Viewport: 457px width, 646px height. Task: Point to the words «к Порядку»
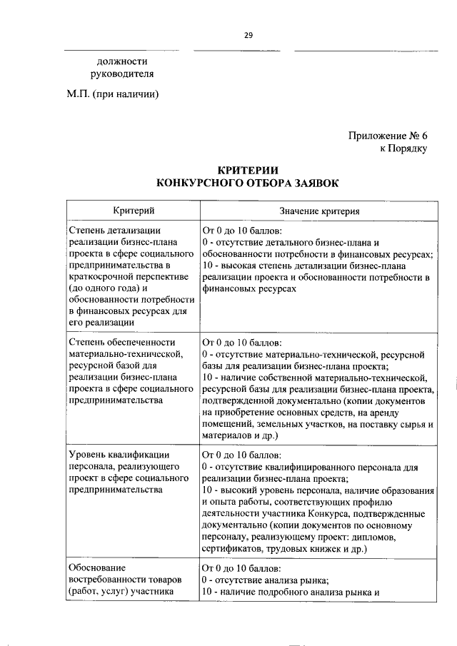point(403,148)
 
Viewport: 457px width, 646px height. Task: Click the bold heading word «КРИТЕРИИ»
point(248,170)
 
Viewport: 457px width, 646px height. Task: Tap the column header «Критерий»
point(134,211)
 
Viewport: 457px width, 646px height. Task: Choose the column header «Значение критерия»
point(318,212)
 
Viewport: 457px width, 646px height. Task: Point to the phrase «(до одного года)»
point(106,288)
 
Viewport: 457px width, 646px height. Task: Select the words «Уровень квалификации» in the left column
point(119,454)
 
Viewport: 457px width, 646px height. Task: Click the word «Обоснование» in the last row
point(98,567)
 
